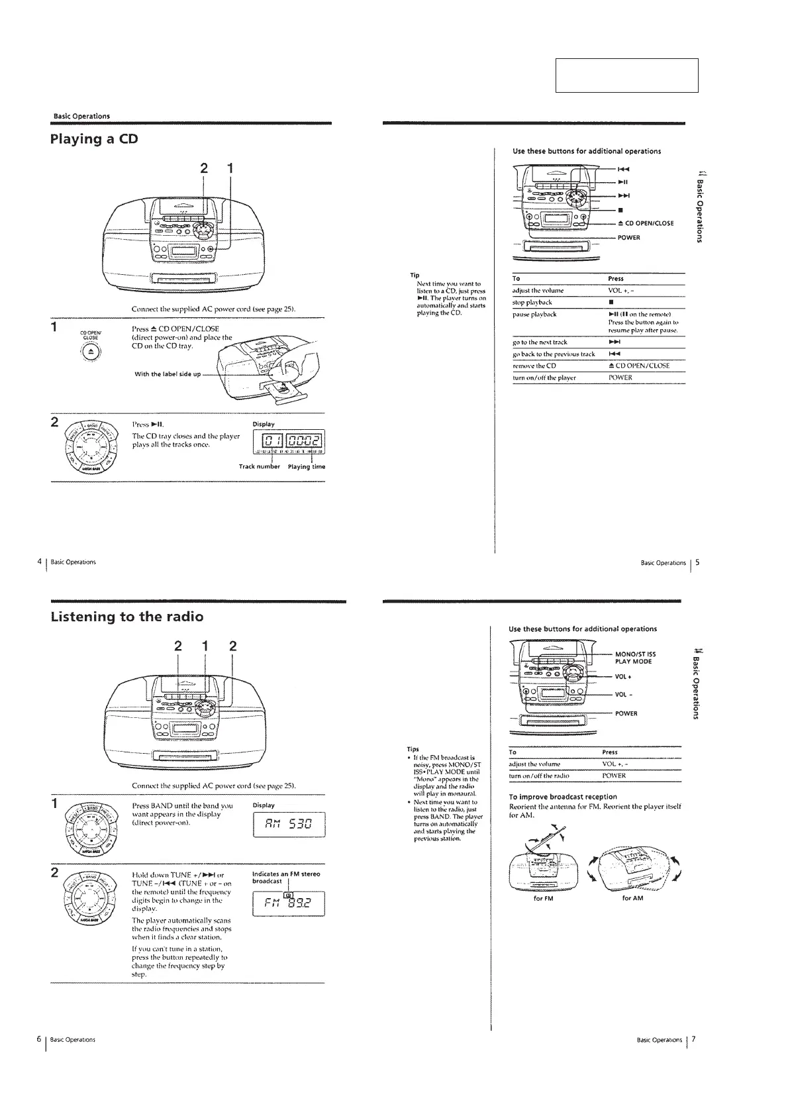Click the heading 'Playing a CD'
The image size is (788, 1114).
94,140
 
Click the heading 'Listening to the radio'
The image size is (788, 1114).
126,617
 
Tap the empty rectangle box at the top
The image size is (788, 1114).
626,76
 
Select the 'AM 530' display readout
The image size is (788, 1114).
289,825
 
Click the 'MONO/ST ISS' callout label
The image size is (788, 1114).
635,654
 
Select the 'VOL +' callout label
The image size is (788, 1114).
624,677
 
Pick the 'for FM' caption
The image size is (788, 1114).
543,898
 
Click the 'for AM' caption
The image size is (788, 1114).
632,898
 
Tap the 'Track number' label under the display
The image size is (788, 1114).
260,467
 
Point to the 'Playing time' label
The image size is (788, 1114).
307,467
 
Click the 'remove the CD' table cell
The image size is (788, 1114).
534,366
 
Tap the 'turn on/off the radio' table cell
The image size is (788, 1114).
539,776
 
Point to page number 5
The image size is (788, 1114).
697,563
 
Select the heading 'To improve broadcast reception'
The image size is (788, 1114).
563,797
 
